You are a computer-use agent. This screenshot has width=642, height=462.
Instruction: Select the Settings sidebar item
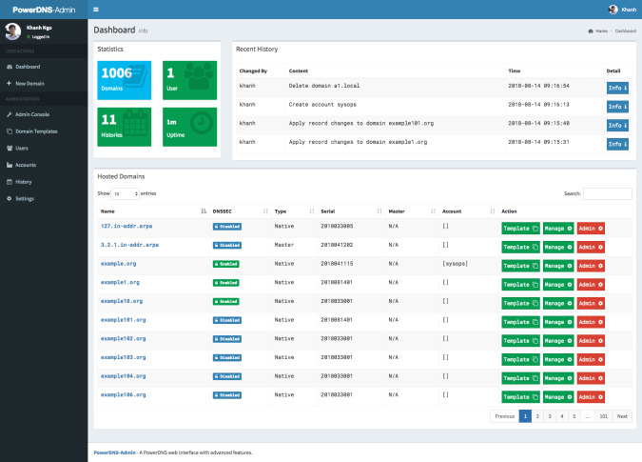pyautogui.click(x=24, y=198)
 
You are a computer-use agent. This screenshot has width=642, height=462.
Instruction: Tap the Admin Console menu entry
pyautogui.click(x=33, y=114)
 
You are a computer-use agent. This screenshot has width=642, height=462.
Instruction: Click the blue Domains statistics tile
pyautogui.click(x=124, y=79)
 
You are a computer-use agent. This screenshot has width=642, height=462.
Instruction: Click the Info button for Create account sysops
pyautogui.click(x=617, y=107)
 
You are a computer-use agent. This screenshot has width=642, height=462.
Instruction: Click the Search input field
pyautogui.click(x=607, y=193)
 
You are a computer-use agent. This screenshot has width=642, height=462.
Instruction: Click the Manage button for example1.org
pyautogui.click(x=557, y=282)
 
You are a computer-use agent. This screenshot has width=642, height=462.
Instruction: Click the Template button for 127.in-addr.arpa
pyautogui.click(x=520, y=227)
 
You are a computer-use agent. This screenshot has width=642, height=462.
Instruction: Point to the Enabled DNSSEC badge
pyautogui.click(x=226, y=262)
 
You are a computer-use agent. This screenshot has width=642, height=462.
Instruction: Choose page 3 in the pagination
pyautogui.click(x=549, y=416)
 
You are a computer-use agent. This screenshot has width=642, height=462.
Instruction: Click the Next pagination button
pyautogui.click(x=621, y=416)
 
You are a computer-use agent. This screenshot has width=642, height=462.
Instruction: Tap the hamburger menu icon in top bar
pyautogui.click(x=96, y=9)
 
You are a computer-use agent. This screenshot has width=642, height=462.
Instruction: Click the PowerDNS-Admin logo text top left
pyautogui.click(x=43, y=9)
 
